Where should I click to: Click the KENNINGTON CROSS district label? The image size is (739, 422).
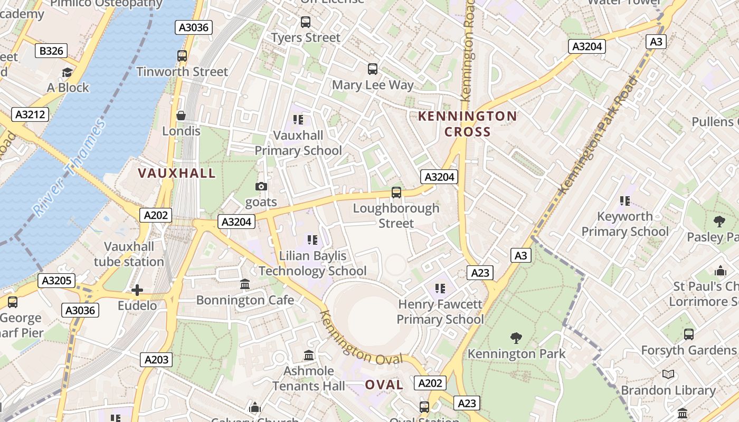click(468, 124)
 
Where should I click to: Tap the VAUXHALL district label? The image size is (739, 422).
click(177, 173)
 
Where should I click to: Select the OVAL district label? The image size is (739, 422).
click(384, 385)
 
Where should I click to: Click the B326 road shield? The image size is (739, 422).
click(51, 51)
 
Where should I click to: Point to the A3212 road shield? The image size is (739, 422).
click(30, 114)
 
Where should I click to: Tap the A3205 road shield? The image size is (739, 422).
click(56, 281)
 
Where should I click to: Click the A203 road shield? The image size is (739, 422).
click(157, 360)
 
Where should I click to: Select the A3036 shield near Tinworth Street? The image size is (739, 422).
click(194, 27)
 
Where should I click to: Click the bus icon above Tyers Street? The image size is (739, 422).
click(306, 22)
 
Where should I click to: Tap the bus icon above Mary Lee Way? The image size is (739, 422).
click(373, 69)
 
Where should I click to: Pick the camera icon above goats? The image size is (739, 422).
click(261, 187)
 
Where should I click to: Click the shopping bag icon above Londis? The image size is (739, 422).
click(181, 115)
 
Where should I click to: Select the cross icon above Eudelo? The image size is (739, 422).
click(137, 290)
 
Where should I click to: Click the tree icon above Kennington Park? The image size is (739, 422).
click(516, 338)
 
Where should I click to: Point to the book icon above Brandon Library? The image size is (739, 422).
click(668, 375)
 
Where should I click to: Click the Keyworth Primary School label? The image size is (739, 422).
click(625, 224)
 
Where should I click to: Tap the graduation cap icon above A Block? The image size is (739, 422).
click(67, 72)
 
